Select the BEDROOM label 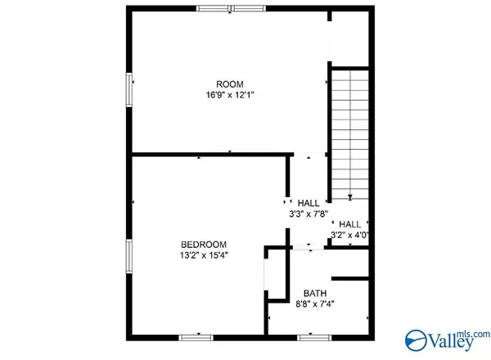(x=204, y=245)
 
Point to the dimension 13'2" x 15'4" (x=204, y=255)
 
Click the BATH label (x=314, y=294)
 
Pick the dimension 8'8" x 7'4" (x=314, y=304)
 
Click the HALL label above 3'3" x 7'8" (x=308, y=204)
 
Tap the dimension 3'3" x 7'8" (x=308, y=214)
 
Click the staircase (x=349, y=131)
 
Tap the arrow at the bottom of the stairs (x=349, y=196)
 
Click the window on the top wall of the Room (x=230, y=8)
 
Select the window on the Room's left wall (x=128, y=89)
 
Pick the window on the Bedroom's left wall (x=128, y=257)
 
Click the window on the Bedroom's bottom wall (x=196, y=336)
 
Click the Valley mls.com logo (x=446, y=338)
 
